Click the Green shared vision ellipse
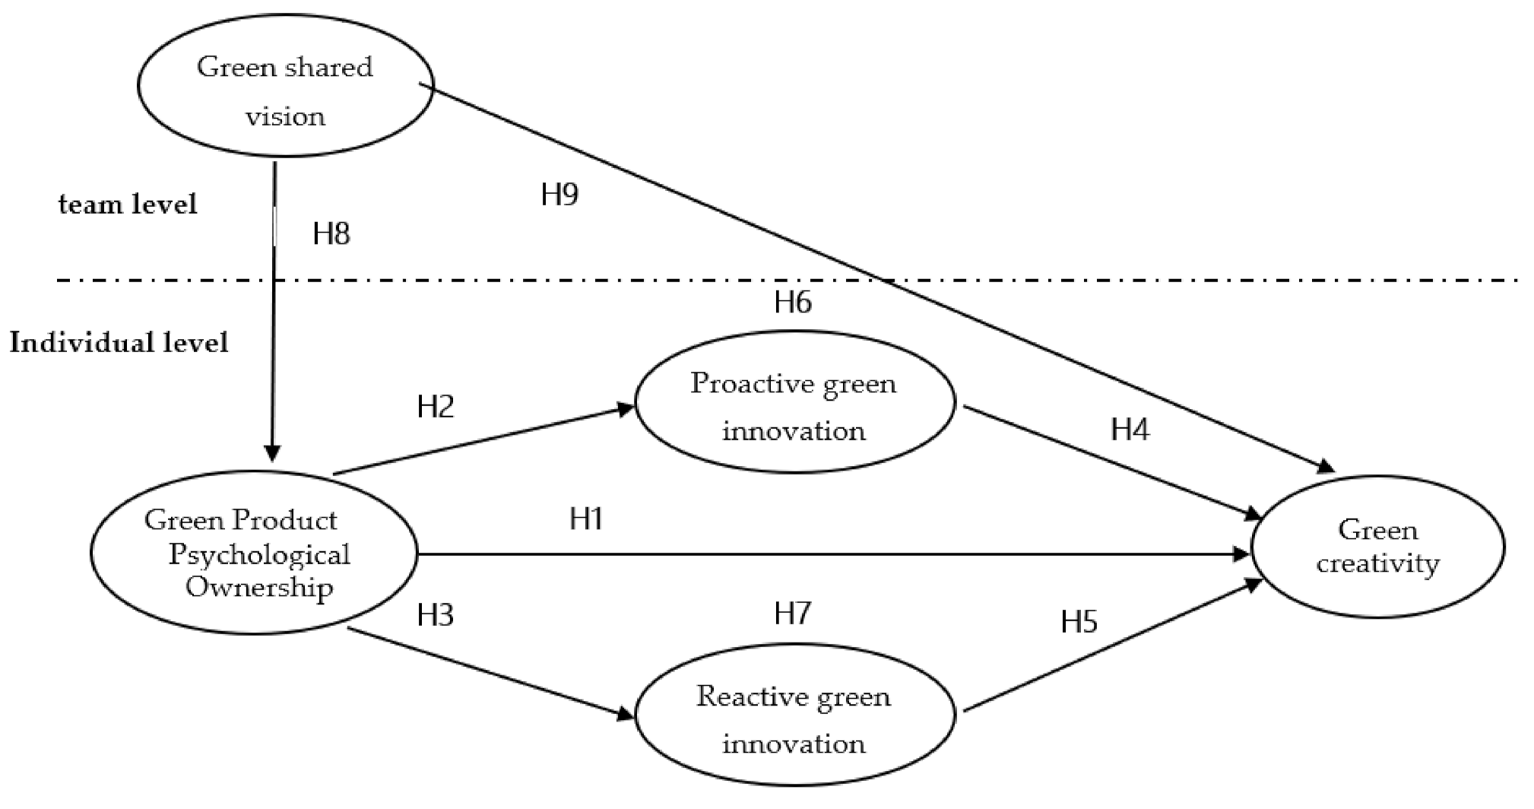(x=285, y=85)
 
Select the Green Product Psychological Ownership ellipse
(x=253, y=553)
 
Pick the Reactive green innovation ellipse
(x=794, y=718)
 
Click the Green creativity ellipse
(x=1377, y=547)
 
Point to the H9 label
(x=559, y=195)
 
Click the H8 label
(x=331, y=234)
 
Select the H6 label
(x=793, y=303)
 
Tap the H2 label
(x=436, y=407)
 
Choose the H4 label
(x=1130, y=430)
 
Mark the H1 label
(x=586, y=519)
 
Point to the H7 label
(x=793, y=613)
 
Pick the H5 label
(x=1079, y=623)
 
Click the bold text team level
(x=128, y=205)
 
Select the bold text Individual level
(x=119, y=343)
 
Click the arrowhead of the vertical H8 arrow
(x=273, y=453)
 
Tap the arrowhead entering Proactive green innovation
(x=626, y=409)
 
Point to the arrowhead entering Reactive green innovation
(x=626, y=714)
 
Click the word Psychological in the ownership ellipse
(x=259, y=554)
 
